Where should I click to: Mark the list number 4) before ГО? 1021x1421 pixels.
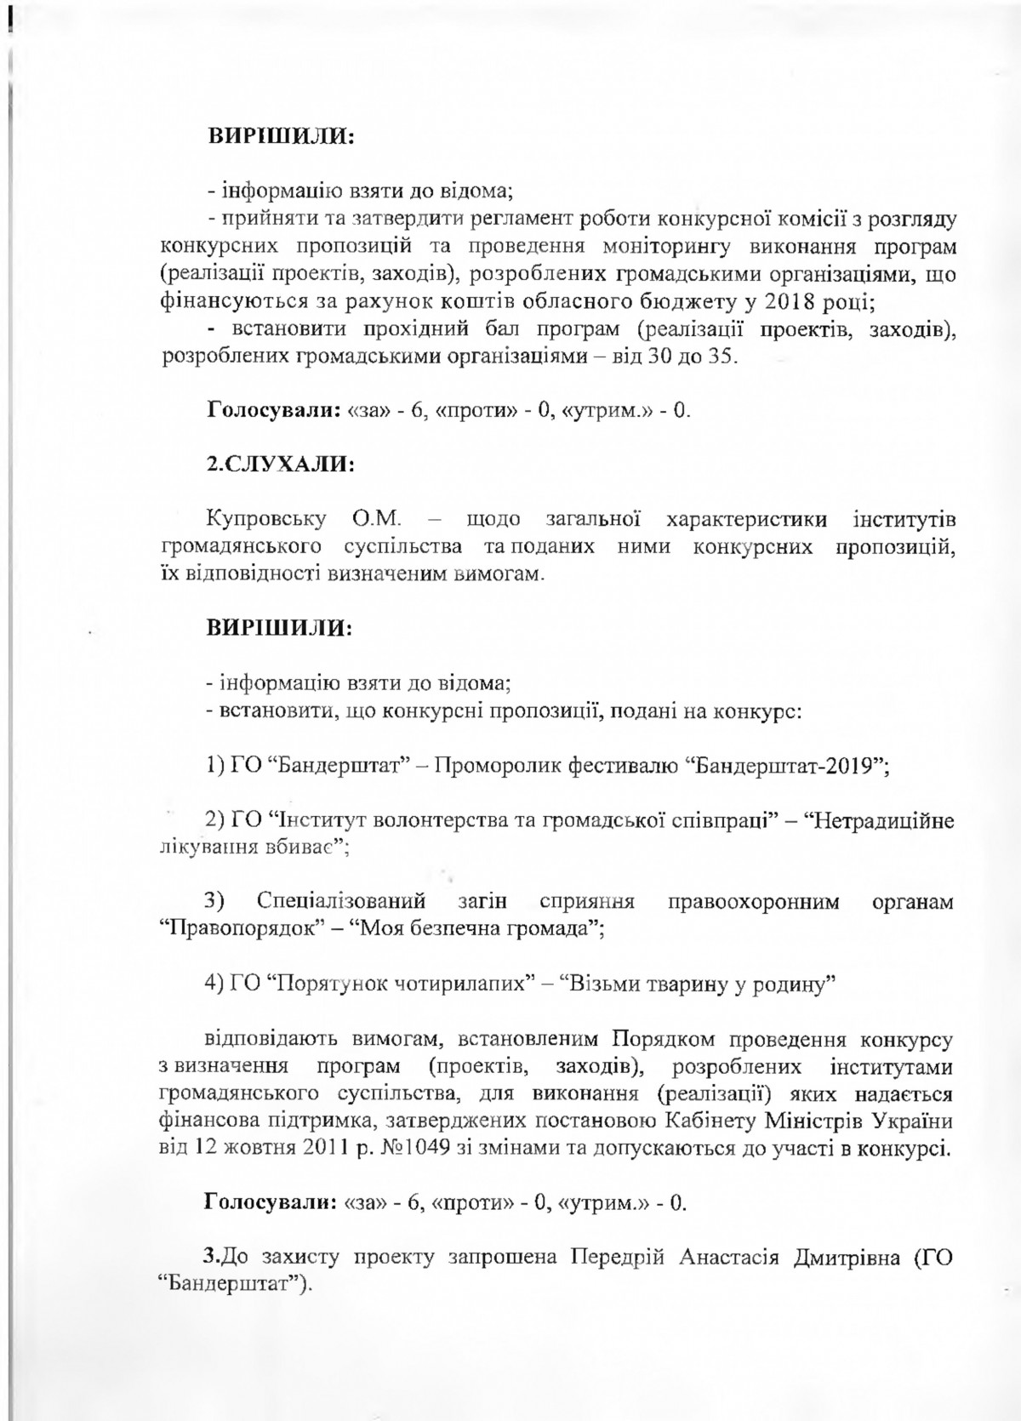click(x=215, y=984)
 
